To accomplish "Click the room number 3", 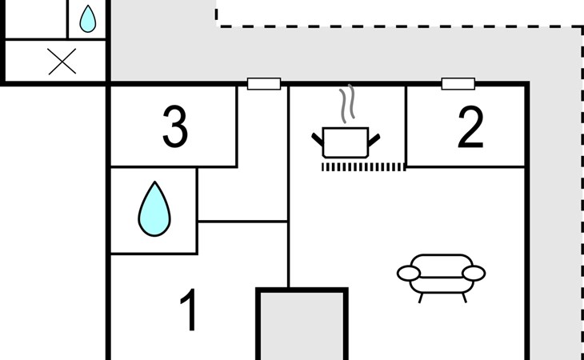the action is tap(175, 126).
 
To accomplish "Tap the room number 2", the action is tap(470, 127).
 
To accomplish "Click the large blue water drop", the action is tap(154, 210).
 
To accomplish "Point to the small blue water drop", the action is tap(87, 19).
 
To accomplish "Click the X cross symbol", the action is tap(62, 62).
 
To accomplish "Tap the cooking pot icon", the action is tap(346, 142).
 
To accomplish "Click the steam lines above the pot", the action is tap(346, 103).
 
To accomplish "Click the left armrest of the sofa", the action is tap(409, 274).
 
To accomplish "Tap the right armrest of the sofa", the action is tap(474, 274).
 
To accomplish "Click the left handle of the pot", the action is tap(318, 140).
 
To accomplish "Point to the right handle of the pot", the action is tap(374, 140).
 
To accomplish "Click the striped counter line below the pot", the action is tap(363, 167).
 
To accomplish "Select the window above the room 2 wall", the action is tap(458, 84).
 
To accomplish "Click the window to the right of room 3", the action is tap(264, 84).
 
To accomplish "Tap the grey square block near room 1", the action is tap(302, 324).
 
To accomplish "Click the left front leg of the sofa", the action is tap(421, 298).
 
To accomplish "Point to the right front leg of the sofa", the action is tap(465, 298).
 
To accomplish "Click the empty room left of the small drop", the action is tap(36, 18).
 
